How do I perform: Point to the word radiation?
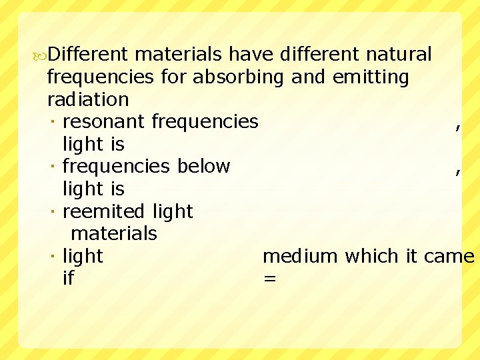point(88,99)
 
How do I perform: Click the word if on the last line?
point(68,278)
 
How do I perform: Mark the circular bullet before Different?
point(41,54)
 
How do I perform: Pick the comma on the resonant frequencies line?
point(457,126)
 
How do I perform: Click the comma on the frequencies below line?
point(457,171)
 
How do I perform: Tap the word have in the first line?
point(253,53)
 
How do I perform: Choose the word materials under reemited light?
point(113,233)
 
